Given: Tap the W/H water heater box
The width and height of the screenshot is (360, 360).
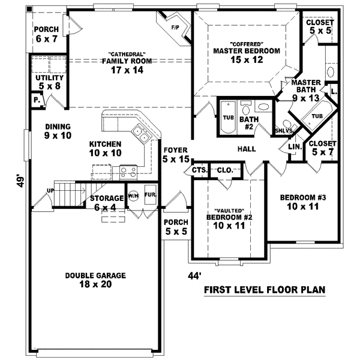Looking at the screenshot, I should [133, 196].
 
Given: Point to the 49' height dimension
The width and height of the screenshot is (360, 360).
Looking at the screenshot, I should [20, 181].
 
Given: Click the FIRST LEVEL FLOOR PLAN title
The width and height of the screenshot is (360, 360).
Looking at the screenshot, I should [265, 290].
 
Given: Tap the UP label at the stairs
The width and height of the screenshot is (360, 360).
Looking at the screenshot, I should [51, 191].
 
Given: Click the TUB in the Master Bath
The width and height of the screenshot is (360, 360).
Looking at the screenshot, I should [317, 116].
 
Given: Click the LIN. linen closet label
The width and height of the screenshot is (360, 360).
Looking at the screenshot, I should [294, 146].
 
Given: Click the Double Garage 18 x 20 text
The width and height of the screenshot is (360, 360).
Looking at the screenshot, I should [95, 280].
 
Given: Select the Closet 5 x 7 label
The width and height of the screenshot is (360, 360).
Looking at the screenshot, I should [322, 148].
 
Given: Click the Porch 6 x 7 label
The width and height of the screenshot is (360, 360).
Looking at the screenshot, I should [46, 34].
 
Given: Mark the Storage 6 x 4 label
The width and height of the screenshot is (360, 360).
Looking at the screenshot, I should [104, 203].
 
